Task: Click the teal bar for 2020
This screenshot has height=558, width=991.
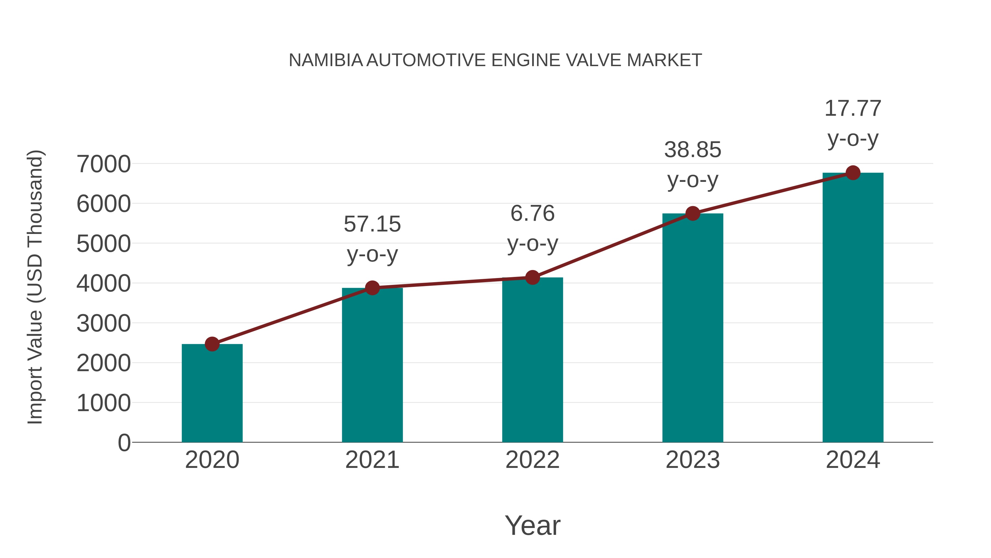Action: (x=212, y=393)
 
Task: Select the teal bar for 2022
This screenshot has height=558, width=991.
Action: (x=532, y=360)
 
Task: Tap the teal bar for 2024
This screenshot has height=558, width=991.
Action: (x=853, y=308)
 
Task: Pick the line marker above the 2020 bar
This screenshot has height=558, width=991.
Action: (x=212, y=344)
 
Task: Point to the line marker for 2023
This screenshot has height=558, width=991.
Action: (x=693, y=213)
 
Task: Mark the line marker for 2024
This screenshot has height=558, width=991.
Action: (x=853, y=173)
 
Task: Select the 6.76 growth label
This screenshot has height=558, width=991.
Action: (x=532, y=213)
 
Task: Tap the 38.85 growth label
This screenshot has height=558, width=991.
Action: (x=693, y=150)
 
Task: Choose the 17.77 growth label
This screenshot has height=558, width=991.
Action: (x=853, y=109)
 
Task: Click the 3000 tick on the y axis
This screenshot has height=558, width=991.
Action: (x=104, y=324)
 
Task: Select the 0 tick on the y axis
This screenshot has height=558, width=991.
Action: (x=124, y=443)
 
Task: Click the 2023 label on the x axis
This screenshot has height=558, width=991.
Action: (x=693, y=460)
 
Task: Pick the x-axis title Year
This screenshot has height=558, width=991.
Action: (x=532, y=526)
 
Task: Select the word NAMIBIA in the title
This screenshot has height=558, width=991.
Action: (x=325, y=60)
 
